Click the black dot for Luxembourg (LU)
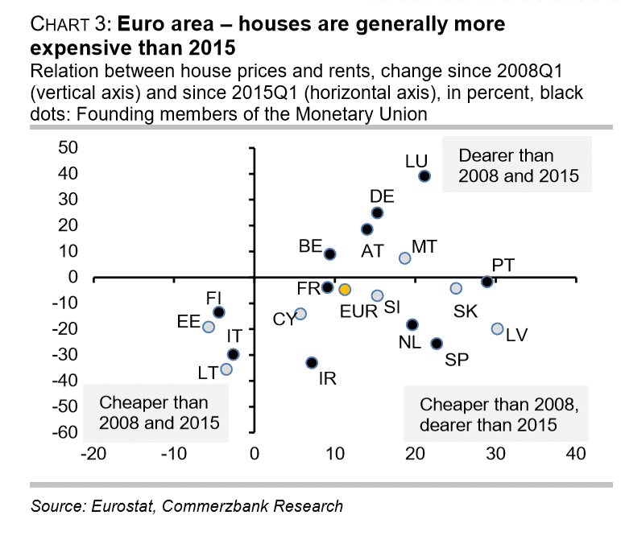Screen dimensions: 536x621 424,176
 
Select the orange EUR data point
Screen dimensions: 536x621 344,289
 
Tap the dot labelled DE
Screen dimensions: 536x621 377,212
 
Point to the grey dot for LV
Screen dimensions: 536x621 497,328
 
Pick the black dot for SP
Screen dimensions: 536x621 437,343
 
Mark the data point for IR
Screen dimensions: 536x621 312,363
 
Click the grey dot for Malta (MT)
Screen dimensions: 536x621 405,258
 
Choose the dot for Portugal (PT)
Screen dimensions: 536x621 486,282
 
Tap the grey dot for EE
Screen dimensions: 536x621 209,327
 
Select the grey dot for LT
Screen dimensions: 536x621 226,369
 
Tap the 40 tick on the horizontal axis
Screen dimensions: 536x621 574,455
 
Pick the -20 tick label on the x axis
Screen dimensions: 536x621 93,455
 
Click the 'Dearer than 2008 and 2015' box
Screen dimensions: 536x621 518,165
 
